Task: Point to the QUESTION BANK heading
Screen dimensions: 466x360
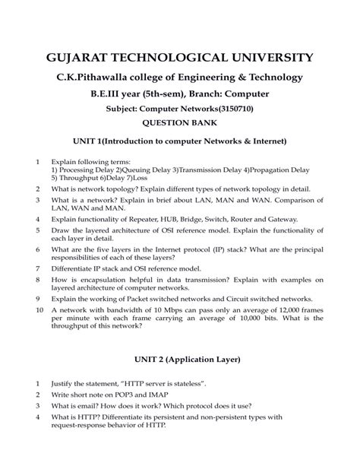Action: [x=180, y=125]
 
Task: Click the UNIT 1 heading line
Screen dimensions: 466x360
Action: [x=180, y=141]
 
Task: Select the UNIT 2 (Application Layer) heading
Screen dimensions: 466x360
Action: [x=180, y=359]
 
